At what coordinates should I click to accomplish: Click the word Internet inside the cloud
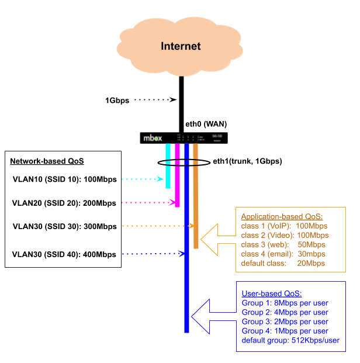(181, 46)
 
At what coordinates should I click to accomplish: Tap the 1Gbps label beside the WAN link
(117, 100)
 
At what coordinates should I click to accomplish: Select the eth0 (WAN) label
(206, 124)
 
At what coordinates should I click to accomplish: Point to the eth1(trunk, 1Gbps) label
(247, 161)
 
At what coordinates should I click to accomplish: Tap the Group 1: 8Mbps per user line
(285, 303)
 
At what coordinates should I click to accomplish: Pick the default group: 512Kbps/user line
(290, 340)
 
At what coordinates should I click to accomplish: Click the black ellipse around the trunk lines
(161, 162)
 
